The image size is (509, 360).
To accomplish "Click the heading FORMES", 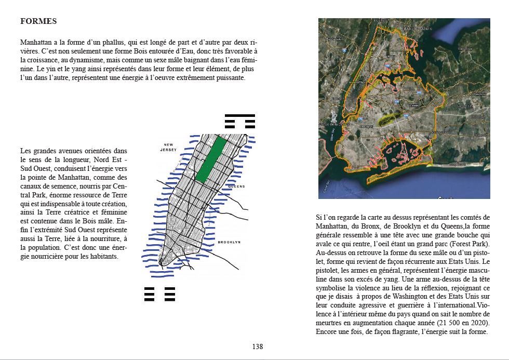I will pos(38,22).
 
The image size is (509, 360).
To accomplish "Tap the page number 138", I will pos(258,346).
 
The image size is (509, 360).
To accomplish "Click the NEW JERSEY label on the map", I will pos(169,148).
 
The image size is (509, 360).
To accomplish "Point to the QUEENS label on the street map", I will pos(236,186).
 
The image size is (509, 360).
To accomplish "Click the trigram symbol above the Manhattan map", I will pos(240,121).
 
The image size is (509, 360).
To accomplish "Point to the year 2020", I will pos(475,323).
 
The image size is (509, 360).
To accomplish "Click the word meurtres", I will pos(330,323).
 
